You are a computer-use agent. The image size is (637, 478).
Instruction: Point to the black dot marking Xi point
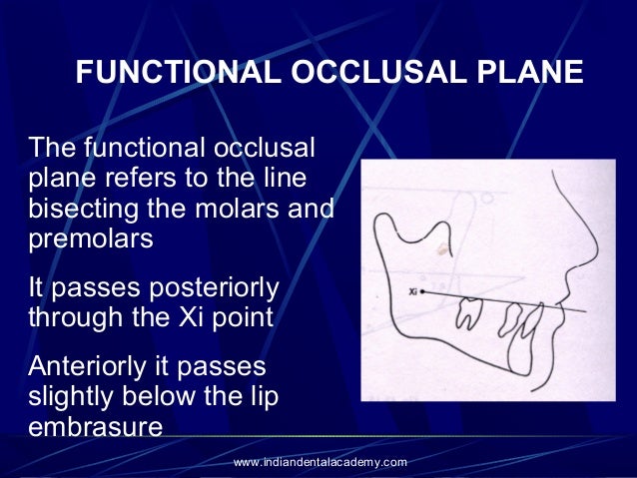(422, 291)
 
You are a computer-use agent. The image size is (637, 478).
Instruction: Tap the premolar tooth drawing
(511, 319)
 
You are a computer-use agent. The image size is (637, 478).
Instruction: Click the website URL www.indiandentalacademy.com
(319, 462)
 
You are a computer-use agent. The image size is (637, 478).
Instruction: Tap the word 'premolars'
(92, 240)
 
